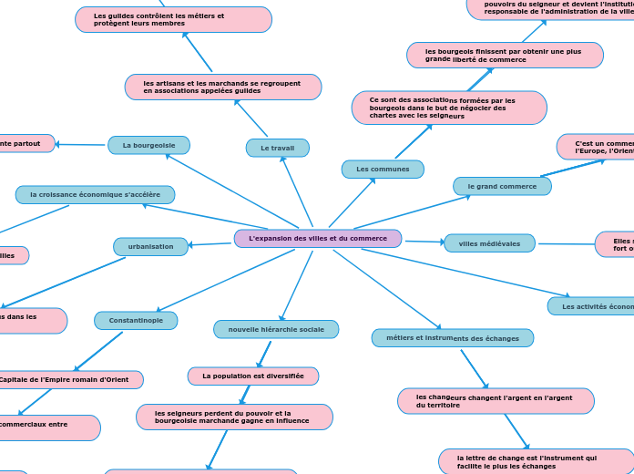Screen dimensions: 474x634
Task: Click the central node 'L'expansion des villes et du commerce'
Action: click(x=318, y=239)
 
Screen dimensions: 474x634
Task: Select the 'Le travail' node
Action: click(x=278, y=148)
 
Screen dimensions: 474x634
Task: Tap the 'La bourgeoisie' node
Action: click(x=149, y=145)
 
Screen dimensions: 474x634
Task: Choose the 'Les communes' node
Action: click(x=383, y=169)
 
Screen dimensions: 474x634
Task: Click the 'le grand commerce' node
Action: click(x=502, y=186)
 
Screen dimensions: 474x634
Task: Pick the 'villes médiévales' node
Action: click(x=489, y=243)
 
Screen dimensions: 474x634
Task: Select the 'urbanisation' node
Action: click(x=151, y=246)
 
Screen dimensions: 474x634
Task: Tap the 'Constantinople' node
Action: click(x=136, y=321)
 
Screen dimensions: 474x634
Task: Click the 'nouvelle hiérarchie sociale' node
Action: click(x=276, y=329)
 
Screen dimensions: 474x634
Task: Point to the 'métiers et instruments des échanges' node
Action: click(x=453, y=338)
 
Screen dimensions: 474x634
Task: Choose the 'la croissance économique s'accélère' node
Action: click(x=95, y=194)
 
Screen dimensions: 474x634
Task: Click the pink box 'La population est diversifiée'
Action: click(x=253, y=376)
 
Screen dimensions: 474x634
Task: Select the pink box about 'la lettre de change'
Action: click(x=536, y=461)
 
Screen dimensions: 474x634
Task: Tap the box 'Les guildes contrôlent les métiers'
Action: click(x=173, y=19)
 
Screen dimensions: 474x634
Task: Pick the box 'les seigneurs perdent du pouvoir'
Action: click(x=234, y=417)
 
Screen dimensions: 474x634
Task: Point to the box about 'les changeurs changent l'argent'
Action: click(x=496, y=401)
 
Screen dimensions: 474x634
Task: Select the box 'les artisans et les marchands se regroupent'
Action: click(x=223, y=87)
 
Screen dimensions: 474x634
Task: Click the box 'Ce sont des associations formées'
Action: click(x=449, y=108)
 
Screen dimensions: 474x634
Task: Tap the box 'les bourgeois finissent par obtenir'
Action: click(x=505, y=55)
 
